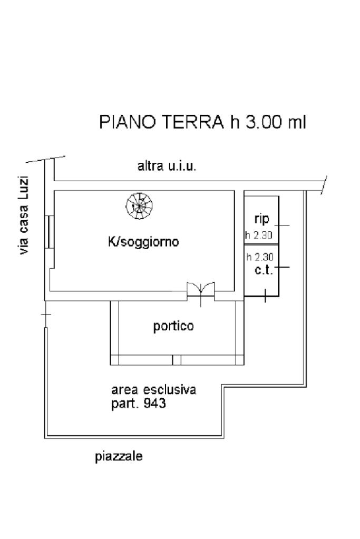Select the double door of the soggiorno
coord(201,289)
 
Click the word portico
coord(173,326)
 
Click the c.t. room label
coord(263,271)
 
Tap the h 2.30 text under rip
coord(258,236)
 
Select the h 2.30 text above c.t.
coord(259,258)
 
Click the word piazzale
coord(119,456)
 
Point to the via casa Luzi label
coord(24,216)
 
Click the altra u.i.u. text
coord(167,167)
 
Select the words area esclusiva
coord(153,390)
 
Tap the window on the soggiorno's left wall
coord(48,232)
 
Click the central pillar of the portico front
coord(177,360)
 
